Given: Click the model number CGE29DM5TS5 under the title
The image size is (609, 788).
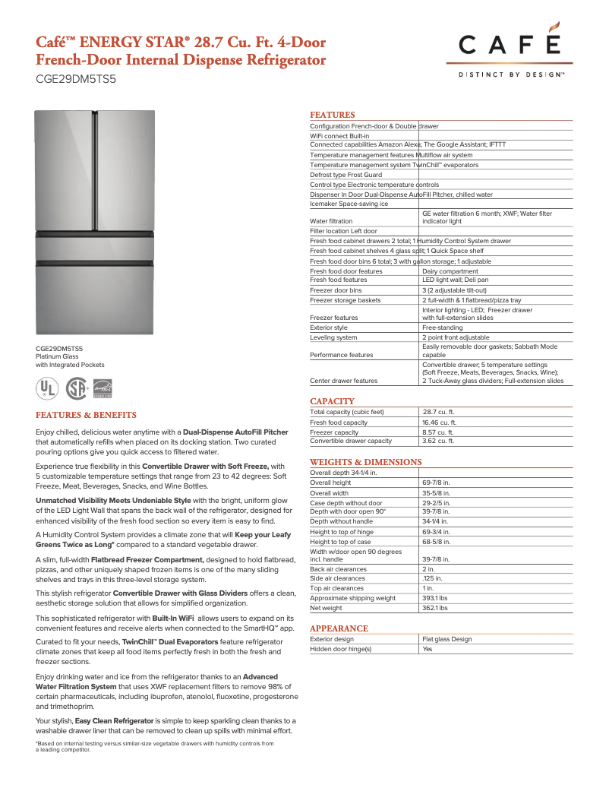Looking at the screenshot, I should coord(75,78).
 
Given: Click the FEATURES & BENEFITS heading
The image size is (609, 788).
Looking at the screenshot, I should coord(86,415).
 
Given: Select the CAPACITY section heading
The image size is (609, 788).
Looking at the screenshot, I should coord(332,401).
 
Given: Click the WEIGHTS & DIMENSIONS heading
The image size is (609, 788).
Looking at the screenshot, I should coord(365,462).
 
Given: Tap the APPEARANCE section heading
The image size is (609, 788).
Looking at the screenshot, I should coord(339,628).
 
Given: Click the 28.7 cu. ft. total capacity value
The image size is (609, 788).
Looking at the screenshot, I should coord(438,412).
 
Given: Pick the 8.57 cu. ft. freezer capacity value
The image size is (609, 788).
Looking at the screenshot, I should coord(438,432).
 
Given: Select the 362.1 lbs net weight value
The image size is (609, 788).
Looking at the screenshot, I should coord(434,608).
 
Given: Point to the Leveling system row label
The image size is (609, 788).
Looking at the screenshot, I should coord(333,337).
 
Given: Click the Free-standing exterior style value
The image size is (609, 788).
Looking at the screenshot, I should coord(442,328).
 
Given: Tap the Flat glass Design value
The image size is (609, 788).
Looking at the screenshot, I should coord(446,639).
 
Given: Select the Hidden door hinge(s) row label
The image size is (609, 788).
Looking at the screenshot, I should coord(341,649).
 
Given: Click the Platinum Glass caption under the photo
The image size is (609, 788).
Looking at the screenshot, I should coord(57,356).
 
